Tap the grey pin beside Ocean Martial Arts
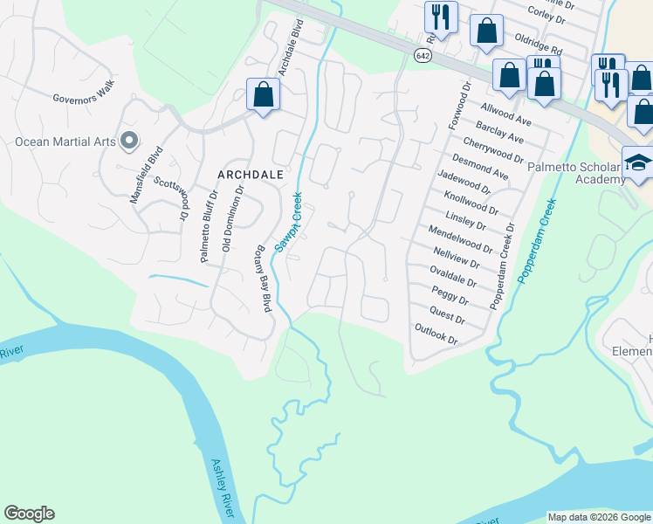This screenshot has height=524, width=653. click(x=129, y=140)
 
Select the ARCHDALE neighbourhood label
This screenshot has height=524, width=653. click(x=251, y=175)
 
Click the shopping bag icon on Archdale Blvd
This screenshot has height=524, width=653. click(x=263, y=94)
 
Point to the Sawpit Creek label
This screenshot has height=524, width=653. click(x=288, y=223)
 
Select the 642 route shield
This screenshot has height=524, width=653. click(x=423, y=55)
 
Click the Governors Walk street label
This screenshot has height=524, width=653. click(x=84, y=97)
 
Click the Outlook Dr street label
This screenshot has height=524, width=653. click(x=436, y=334)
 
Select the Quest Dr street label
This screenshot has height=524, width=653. click(x=448, y=315)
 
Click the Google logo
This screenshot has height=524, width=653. click(x=29, y=514)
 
